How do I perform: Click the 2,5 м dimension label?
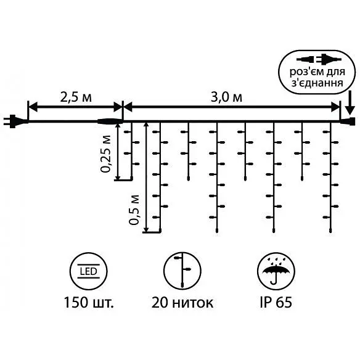[x=76, y=97]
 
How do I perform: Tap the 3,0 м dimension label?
[x=226, y=97]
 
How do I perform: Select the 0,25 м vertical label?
[x=105, y=154]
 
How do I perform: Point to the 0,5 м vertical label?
[x=134, y=210]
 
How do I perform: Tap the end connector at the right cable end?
[x=348, y=121]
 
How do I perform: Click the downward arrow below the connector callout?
[x=350, y=102]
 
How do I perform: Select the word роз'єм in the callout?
[x=305, y=72]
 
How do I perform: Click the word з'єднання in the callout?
[x=317, y=83]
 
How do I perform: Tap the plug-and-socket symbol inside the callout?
[x=319, y=59]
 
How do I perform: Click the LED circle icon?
[x=88, y=271]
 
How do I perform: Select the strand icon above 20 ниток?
[x=182, y=271]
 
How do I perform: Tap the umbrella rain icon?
[x=276, y=271]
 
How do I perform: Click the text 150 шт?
[x=89, y=303]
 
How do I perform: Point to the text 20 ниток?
[x=182, y=303]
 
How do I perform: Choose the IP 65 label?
[x=276, y=303]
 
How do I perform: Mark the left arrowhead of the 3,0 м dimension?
[x=128, y=107]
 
